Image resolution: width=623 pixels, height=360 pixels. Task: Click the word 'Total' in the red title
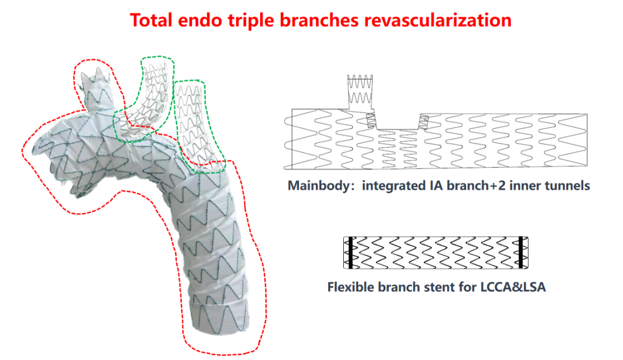point(152,20)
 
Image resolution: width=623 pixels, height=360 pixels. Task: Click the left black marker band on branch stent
point(348,252)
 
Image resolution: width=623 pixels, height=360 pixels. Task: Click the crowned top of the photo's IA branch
point(95,79)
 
